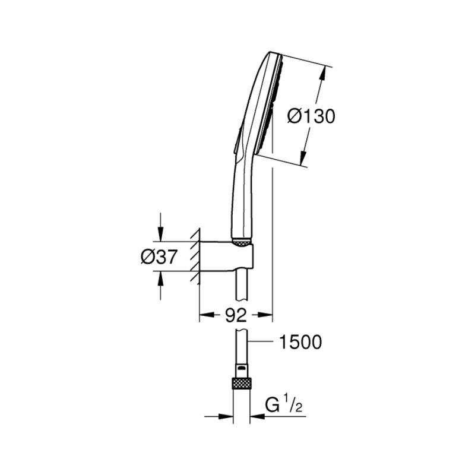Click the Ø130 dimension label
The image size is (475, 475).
(311, 116)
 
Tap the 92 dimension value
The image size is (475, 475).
(236, 316)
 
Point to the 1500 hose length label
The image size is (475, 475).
(300, 342)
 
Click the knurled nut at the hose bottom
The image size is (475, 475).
(242, 383)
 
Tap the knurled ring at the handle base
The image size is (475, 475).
(242, 242)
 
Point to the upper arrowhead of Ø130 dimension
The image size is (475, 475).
(323, 74)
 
